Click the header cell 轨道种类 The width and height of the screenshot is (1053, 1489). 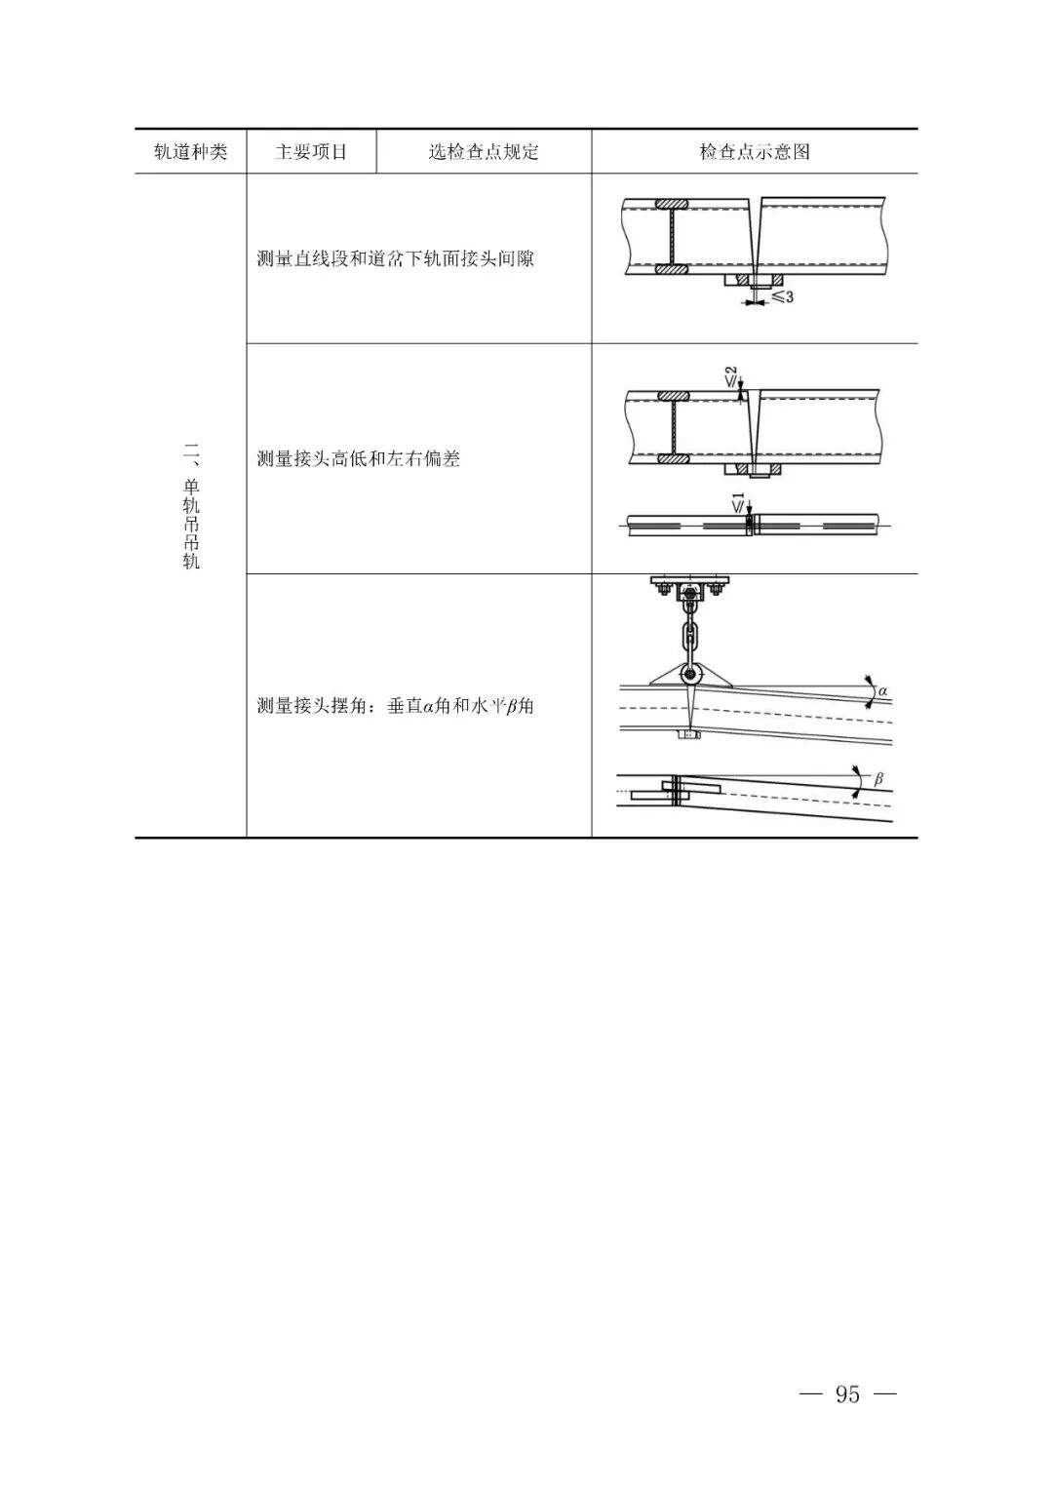(x=191, y=151)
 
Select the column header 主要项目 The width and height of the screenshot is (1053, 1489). (x=311, y=151)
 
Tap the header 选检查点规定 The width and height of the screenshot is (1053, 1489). (x=484, y=151)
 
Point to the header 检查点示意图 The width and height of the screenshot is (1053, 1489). (x=755, y=151)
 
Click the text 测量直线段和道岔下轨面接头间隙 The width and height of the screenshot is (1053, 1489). (x=396, y=258)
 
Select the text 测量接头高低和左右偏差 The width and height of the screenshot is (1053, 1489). (x=359, y=458)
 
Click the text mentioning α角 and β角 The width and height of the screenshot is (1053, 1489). (x=396, y=705)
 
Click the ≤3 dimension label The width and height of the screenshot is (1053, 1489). (x=782, y=296)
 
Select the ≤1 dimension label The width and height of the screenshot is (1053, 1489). (x=738, y=503)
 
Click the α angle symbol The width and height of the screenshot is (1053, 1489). (x=882, y=691)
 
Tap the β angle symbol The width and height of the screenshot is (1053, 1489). (x=878, y=778)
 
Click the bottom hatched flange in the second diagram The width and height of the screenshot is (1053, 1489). (x=674, y=458)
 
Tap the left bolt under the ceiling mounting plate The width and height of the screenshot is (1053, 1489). (x=665, y=588)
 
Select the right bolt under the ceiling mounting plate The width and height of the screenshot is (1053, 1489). (x=716, y=588)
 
